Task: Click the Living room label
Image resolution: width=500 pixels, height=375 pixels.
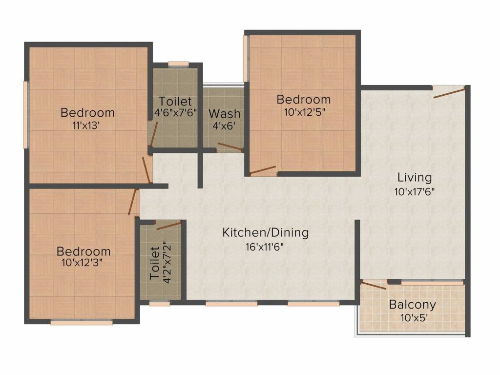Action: tap(415, 178)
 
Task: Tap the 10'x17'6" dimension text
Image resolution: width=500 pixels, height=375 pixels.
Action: tap(415, 192)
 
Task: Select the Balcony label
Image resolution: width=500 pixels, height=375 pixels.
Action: tap(412, 305)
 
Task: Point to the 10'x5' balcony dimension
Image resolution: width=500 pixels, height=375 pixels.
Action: tap(414, 318)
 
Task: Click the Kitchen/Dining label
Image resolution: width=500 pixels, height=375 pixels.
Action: tap(265, 232)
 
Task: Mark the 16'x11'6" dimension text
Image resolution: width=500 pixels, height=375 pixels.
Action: tap(265, 247)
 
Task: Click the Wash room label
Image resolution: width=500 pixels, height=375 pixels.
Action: tap(225, 114)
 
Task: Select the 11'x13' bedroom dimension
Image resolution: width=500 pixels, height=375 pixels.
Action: tap(86, 125)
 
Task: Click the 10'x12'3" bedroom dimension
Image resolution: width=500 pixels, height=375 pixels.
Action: tap(83, 263)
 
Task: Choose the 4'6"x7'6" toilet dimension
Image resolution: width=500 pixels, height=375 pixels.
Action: tap(175, 113)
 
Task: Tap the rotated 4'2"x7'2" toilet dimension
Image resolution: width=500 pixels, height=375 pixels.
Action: tap(167, 262)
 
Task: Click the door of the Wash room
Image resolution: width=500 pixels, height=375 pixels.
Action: tap(230, 146)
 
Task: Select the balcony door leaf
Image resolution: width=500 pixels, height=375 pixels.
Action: tap(374, 285)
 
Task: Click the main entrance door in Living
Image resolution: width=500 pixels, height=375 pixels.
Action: tap(449, 93)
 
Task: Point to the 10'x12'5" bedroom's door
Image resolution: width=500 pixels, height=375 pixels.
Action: tap(263, 170)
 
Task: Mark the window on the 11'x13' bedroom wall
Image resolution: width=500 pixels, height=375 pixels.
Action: tap(26, 115)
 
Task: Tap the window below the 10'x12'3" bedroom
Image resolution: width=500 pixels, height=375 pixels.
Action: tap(82, 323)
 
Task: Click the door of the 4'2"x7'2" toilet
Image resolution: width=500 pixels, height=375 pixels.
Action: tap(168, 225)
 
